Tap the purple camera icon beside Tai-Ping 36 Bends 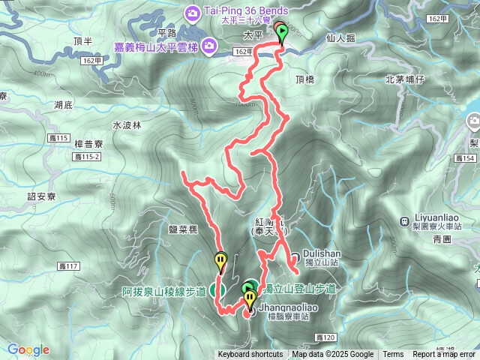pyautogui.click(x=193, y=12)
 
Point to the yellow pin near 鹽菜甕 pyautogui.click(x=220, y=261)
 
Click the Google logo pyautogui.click(x=28, y=349)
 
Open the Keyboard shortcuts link pyautogui.click(x=250, y=355)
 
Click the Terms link pyautogui.click(x=393, y=355)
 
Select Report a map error pyautogui.click(x=444, y=355)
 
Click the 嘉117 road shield pyautogui.click(x=67, y=266)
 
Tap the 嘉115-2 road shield pyautogui.click(x=88, y=157)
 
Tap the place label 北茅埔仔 pyautogui.click(x=405, y=79)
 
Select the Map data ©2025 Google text pyautogui.click(x=333, y=355)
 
